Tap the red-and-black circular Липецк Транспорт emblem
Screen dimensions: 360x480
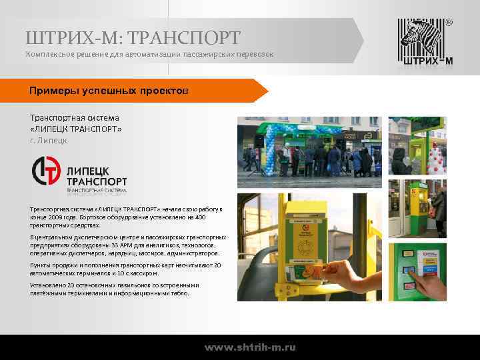47,171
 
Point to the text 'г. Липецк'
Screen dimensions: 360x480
49,141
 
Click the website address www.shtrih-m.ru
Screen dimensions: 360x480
250,347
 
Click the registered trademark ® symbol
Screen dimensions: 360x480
448,23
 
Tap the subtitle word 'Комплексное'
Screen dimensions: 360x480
51,53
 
